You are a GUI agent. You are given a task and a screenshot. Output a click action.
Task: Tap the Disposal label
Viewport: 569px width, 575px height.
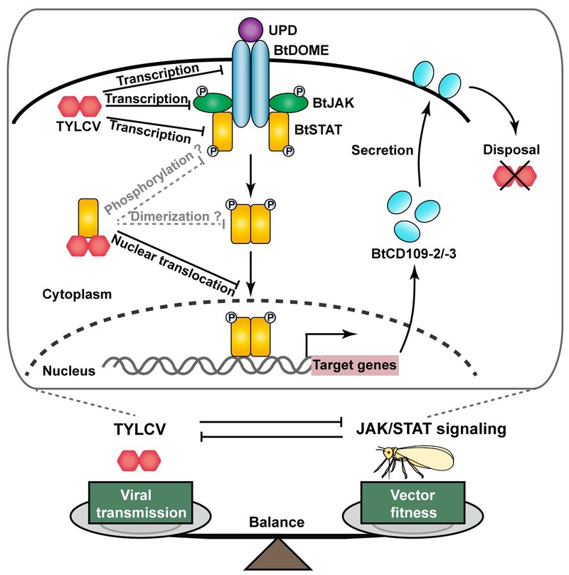[511, 151]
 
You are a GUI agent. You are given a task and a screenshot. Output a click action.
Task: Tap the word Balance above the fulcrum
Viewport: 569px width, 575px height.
[277, 523]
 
